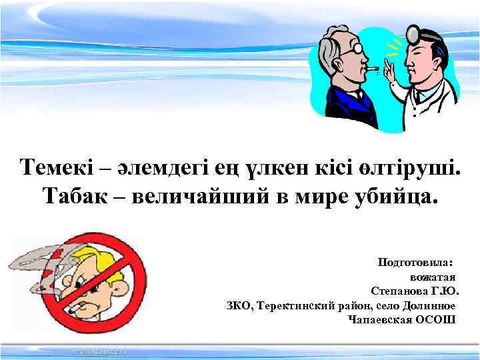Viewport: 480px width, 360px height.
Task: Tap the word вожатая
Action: coord(433,277)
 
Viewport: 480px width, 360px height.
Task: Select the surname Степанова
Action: coord(403,291)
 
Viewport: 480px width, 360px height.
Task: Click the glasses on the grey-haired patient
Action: coord(357,49)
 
